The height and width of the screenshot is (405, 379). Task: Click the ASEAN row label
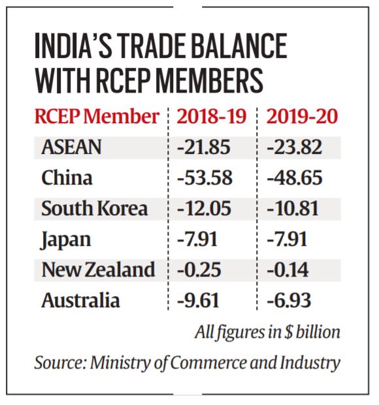coord(71,147)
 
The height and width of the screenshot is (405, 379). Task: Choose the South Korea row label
coord(94,209)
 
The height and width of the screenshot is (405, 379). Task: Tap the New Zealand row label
coord(97,270)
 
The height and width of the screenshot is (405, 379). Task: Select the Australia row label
coord(80,301)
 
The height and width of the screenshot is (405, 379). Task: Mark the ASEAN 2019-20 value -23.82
coord(295,147)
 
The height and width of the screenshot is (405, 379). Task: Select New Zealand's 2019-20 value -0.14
coord(289,270)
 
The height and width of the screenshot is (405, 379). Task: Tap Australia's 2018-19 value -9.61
coord(198,301)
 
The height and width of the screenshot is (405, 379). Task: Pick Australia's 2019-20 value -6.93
coord(289,301)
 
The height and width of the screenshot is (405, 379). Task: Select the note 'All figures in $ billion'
coord(267,332)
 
